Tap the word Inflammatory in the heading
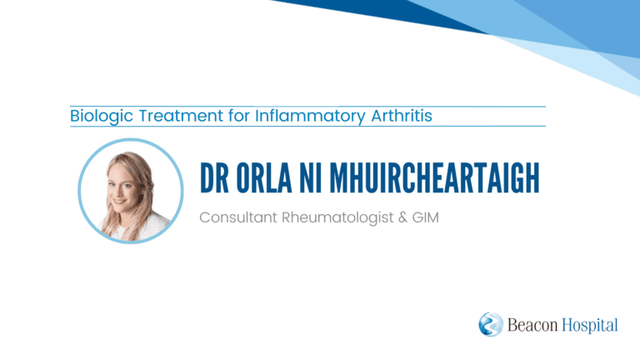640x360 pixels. pyautogui.click(x=310, y=117)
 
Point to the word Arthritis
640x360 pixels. pyautogui.click(x=402, y=116)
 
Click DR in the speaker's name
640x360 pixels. pyautogui.click(x=214, y=177)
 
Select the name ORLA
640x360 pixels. pyautogui.click(x=264, y=177)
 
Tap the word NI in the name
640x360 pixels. pyautogui.click(x=311, y=177)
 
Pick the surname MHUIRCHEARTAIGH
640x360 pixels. pyautogui.click(x=434, y=177)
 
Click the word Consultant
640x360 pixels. pyautogui.click(x=238, y=217)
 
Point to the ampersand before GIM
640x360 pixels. pyautogui.click(x=402, y=217)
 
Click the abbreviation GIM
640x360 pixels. pyautogui.click(x=425, y=217)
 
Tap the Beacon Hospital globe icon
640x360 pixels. pyautogui.click(x=491, y=324)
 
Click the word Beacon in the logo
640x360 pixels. pyautogui.click(x=532, y=325)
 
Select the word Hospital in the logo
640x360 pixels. pyautogui.click(x=590, y=326)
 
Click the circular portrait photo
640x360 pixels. pyautogui.click(x=131, y=191)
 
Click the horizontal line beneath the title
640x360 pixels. pyautogui.click(x=307, y=127)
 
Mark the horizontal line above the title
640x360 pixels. pyautogui.click(x=307, y=107)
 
